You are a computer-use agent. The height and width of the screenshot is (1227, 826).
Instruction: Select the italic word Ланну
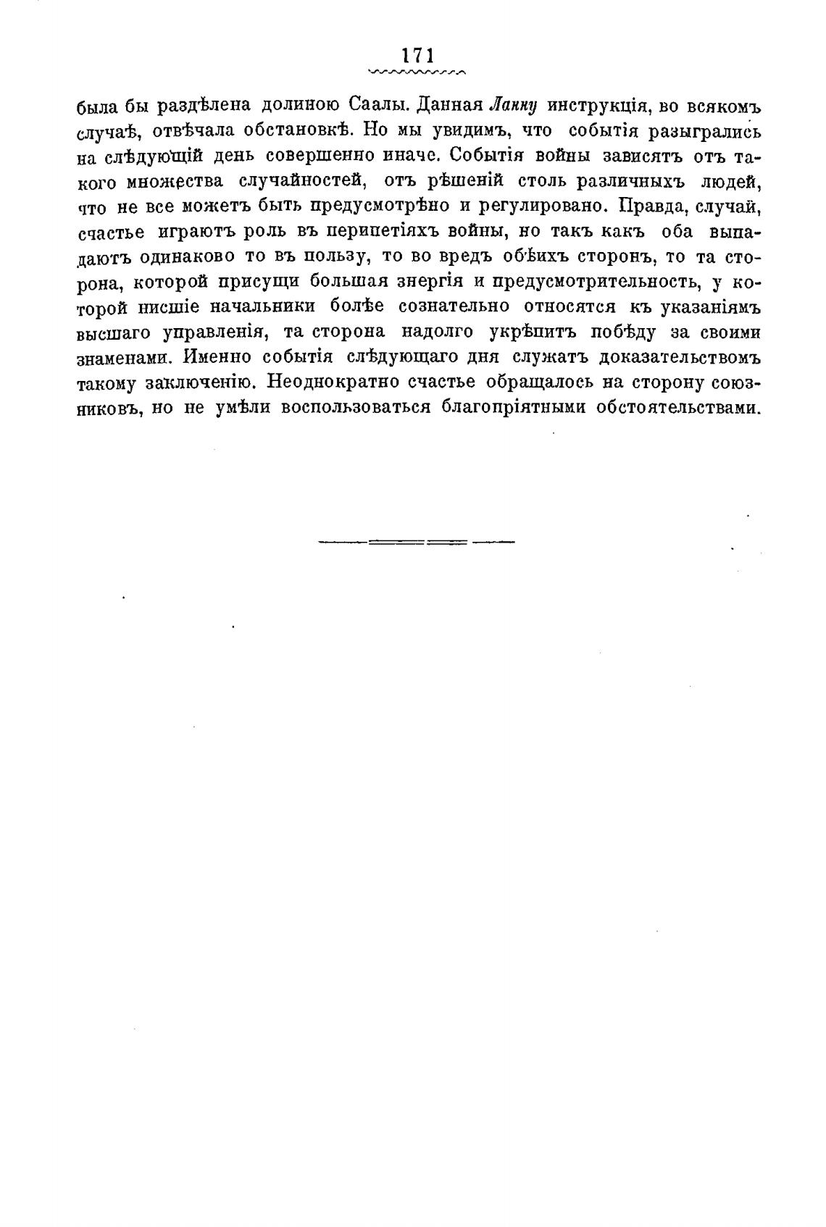(512, 105)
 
